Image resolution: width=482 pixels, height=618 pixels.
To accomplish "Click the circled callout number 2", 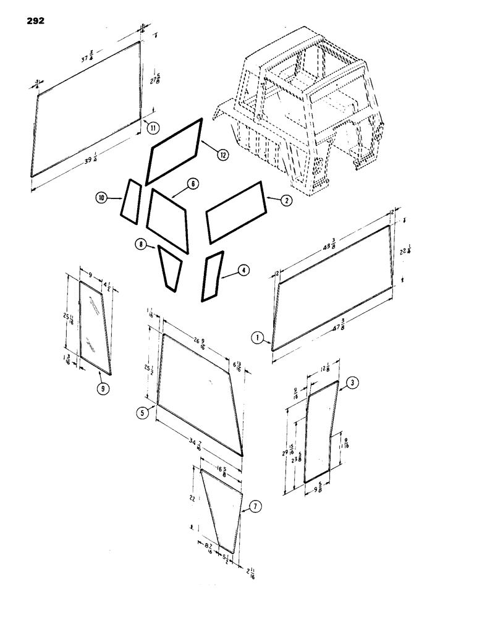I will tap(286, 200).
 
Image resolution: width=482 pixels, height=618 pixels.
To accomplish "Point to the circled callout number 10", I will tap(102, 197).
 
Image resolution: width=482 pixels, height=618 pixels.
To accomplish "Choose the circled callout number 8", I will tap(143, 245).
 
